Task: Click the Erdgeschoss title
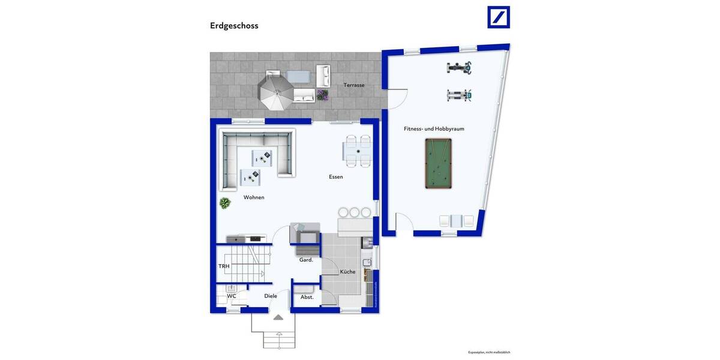click(x=234, y=26)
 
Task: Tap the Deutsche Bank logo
click(x=498, y=17)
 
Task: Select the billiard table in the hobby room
click(x=439, y=163)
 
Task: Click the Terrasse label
click(x=353, y=85)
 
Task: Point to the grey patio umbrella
click(x=276, y=92)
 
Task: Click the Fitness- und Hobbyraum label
click(x=433, y=128)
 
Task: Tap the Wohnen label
click(x=254, y=197)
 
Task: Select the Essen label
click(x=336, y=177)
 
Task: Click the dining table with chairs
click(x=357, y=150)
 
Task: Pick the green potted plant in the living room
click(x=225, y=203)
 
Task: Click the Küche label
click(x=347, y=272)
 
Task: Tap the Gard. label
click(x=306, y=260)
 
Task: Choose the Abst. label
click(x=307, y=297)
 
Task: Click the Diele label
click(x=271, y=296)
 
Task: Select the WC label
click(x=232, y=296)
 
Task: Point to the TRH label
click(x=224, y=266)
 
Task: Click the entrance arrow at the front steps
click(x=278, y=317)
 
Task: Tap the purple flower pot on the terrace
click(x=323, y=95)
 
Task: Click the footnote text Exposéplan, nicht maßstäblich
click(x=489, y=352)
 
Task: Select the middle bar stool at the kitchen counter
click(x=355, y=212)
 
